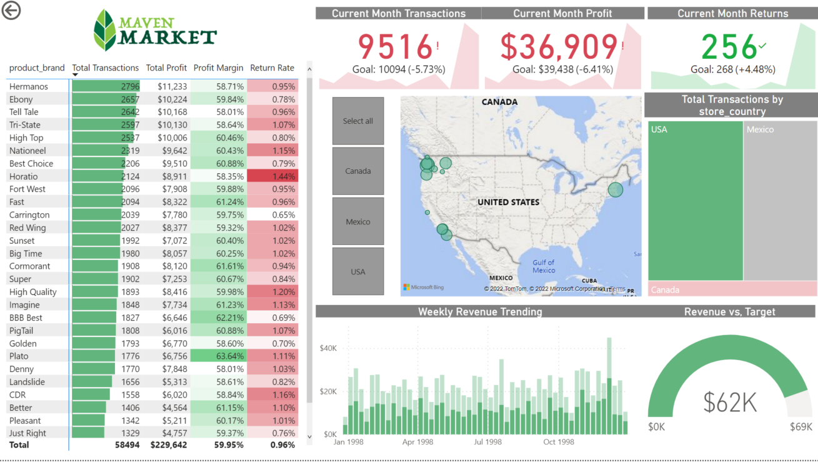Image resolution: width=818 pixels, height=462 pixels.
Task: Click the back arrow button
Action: point(11,11)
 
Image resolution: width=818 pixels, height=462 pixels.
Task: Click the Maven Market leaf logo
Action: point(105,30)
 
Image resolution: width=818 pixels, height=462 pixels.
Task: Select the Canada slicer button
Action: point(358,171)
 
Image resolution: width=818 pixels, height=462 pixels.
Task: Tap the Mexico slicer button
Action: point(358,222)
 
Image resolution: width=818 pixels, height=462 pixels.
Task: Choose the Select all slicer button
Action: point(358,121)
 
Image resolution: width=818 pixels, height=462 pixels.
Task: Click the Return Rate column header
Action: point(272,68)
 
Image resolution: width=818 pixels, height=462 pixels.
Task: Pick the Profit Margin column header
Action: point(218,68)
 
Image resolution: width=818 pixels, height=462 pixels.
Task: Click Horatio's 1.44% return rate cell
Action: point(272,176)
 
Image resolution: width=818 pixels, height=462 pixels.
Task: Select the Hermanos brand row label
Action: point(29,86)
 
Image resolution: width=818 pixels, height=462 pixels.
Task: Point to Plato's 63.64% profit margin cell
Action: point(219,356)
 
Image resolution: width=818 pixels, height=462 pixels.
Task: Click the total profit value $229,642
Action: point(168,445)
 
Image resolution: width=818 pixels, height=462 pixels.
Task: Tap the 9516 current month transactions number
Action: point(395,47)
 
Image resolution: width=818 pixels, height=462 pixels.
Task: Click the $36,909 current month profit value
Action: point(559,47)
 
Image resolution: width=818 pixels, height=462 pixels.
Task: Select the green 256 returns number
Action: point(729,47)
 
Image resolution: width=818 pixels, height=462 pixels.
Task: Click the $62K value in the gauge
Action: point(730,403)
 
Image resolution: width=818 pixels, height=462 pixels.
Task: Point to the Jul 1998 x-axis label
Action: point(487,442)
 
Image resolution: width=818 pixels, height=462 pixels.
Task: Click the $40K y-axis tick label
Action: point(328,348)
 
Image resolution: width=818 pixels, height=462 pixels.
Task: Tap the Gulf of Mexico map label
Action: point(544,266)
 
